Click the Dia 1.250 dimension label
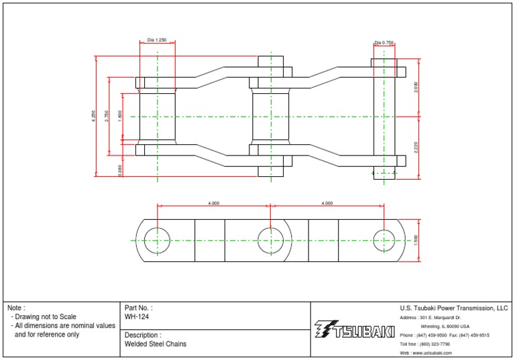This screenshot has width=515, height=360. [x=157, y=40]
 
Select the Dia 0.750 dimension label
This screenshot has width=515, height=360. [x=384, y=42]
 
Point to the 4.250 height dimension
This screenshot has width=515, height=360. [x=95, y=116]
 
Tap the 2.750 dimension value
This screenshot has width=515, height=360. [x=107, y=116]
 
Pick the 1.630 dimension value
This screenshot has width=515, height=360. [x=120, y=115]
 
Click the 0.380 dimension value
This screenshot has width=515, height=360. [x=120, y=170]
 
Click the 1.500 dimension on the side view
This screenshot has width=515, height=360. [x=416, y=240]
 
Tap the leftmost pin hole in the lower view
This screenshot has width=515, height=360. [x=157, y=240]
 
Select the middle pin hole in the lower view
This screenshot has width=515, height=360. [x=270, y=240]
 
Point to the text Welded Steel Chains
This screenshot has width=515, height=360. [x=156, y=344]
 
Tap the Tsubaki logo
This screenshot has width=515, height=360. [x=354, y=329]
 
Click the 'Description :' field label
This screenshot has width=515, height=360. [x=143, y=335]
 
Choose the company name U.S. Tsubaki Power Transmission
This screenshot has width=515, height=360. [x=454, y=308]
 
